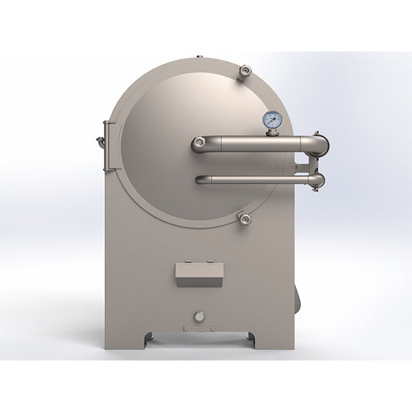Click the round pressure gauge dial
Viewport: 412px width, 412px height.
coord(272,120)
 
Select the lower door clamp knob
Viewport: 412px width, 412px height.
coord(245,220)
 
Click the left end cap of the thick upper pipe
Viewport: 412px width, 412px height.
coord(199,144)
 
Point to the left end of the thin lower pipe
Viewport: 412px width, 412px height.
coord(200,180)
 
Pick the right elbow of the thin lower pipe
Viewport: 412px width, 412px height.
coord(316,180)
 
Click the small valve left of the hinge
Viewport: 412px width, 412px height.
coord(100,141)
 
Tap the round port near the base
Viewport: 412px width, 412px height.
coord(199,315)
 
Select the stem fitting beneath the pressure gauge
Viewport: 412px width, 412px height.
coord(272,132)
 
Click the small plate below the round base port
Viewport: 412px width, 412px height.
coord(199,327)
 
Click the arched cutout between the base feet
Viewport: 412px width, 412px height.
coord(199,337)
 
